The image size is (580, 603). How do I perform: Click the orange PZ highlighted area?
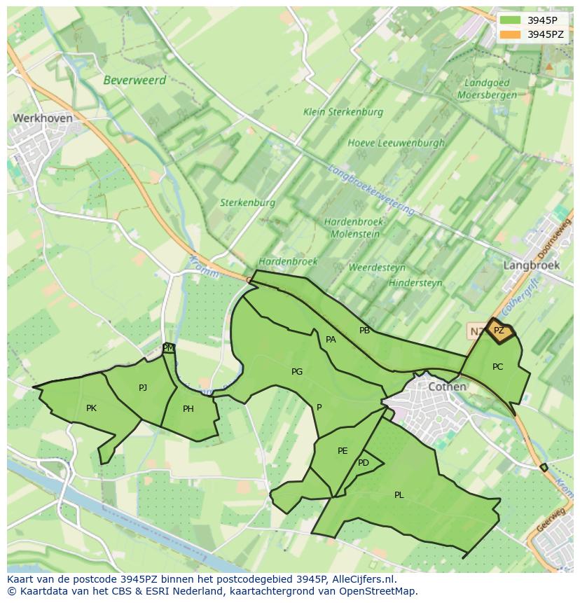click(x=500, y=331)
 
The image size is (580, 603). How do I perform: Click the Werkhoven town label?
click(x=42, y=118)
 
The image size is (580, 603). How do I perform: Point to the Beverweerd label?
click(x=134, y=80)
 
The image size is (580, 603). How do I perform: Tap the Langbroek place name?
click(x=531, y=265)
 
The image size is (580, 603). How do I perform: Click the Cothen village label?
click(x=447, y=387)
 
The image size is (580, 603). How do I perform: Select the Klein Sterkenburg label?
click(x=343, y=111)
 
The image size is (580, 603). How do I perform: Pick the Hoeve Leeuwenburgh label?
click(x=396, y=143)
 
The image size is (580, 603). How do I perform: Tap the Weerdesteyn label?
click(x=377, y=268)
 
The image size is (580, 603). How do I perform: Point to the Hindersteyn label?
click(x=415, y=283)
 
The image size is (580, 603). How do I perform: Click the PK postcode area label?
click(x=91, y=408)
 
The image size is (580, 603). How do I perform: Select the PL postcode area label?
click(x=399, y=494)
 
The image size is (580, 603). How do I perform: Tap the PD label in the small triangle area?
click(x=363, y=463)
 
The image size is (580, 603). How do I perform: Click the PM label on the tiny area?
click(x=168, y=347)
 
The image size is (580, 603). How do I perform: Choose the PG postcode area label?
click(x=297, y=371)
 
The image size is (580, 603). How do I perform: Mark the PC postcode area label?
click(x=497, y=366)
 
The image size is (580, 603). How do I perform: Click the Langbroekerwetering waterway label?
click(x=371, y=190)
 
